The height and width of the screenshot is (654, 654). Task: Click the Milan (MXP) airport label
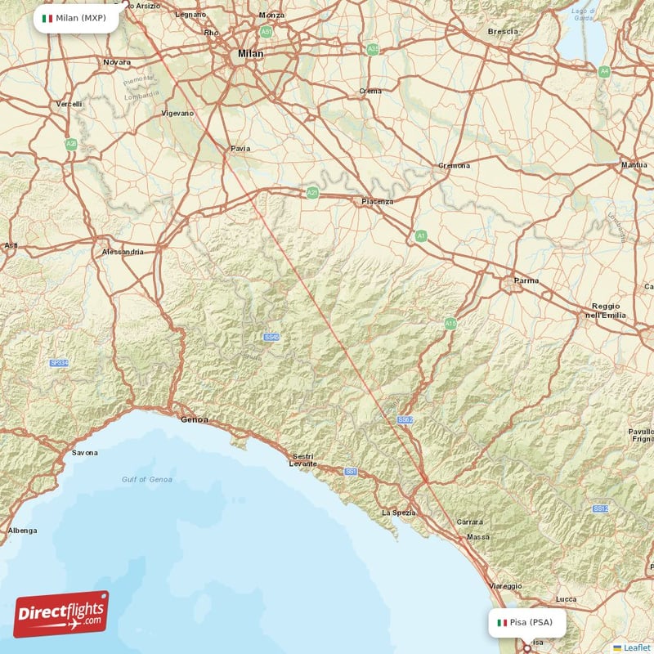75,18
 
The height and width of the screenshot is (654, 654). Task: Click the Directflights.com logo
61,614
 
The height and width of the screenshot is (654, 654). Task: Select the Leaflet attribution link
636,647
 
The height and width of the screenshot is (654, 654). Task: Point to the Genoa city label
194,419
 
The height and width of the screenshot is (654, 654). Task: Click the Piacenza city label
378,201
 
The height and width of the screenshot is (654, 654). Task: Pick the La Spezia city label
399,513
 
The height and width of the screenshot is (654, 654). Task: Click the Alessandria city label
123,252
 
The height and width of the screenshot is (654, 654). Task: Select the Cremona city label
455,165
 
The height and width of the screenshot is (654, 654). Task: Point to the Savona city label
84,452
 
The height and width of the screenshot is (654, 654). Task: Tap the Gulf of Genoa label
147,479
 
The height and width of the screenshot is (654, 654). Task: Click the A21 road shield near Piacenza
312,193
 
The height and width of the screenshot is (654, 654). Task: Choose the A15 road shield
450,324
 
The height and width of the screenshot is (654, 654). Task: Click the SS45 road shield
271,337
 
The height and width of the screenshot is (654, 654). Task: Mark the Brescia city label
503,32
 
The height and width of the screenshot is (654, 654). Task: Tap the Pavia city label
240,149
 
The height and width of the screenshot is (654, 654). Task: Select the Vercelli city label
69,104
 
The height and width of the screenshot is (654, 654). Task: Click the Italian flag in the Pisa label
503,623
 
